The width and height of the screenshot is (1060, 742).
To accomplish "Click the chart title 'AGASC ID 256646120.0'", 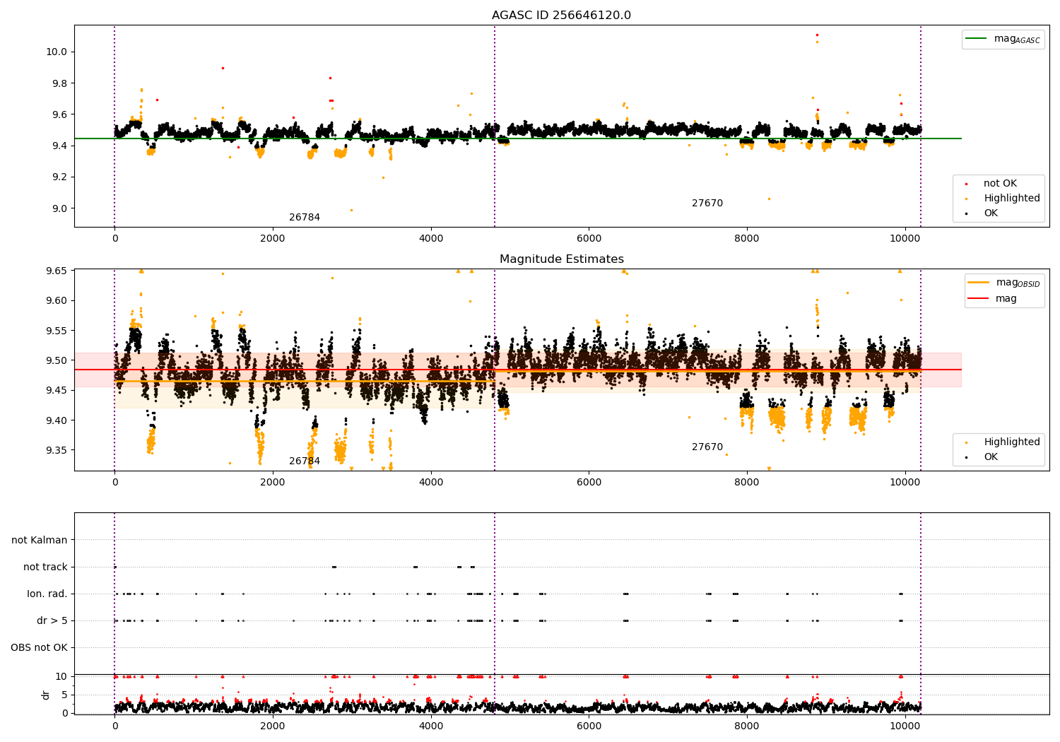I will (x=561, y=16).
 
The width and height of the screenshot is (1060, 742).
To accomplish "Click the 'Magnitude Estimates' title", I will (x=561, y=259).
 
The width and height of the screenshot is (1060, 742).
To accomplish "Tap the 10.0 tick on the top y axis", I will (x=57, y=52).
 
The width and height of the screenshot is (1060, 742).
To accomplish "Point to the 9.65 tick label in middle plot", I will (x=57, y=271).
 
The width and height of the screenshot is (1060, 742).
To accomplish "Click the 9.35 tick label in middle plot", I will (x=57, y=450).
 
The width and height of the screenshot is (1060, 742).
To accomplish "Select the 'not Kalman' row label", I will (x=40, y=540).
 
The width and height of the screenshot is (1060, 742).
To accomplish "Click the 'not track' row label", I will (x=45, y=567).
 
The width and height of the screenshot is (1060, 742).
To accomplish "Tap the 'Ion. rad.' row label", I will (x=47, y=594).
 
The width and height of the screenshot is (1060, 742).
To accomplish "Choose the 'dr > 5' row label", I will (x=52, y=620).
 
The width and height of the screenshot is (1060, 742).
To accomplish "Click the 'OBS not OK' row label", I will (x=39, y=647).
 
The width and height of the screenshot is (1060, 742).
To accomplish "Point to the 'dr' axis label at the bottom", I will (x=46, y=695).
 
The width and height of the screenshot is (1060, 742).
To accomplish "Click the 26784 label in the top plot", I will (x=305, y=218).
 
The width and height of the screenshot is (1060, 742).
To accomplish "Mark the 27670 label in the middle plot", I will (x=707, y=447).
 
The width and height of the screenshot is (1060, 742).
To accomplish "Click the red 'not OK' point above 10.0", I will (x=817, y=35).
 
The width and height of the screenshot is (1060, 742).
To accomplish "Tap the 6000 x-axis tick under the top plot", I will (x=589, y=238).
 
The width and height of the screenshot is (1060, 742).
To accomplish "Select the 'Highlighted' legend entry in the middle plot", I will (x=1011, y=442).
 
